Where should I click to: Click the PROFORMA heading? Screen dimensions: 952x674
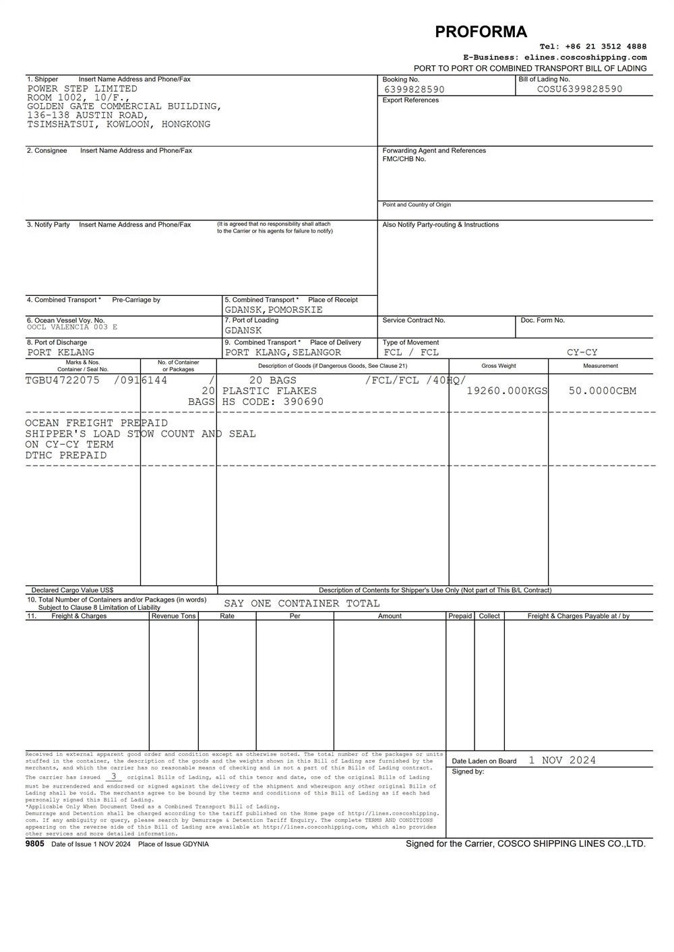(481, 32)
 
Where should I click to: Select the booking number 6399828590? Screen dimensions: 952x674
(414, 90)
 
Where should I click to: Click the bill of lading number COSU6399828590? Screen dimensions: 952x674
(580, 89)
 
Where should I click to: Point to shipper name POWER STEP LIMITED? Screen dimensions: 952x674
(82, 89)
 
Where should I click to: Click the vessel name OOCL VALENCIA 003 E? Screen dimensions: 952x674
(72, 327)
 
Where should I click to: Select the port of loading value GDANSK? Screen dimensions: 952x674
(243, 331)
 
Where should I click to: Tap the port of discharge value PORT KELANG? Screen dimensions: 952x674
(61, 352)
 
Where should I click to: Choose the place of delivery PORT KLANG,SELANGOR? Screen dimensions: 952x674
(283, 352)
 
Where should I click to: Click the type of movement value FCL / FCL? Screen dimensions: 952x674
(411, 352)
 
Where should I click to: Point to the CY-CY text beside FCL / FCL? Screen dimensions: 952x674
(582, 352)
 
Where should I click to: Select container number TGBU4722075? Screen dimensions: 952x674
(62, 380)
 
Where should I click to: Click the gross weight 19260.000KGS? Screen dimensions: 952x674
(507, 391)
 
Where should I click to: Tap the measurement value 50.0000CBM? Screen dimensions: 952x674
(602, 391)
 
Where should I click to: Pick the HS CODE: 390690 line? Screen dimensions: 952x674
(273, 402)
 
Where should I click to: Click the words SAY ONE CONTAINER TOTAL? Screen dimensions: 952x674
(302, 604)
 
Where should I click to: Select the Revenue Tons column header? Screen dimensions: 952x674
(173, 616)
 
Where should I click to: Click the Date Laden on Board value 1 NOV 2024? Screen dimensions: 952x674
(562, 760)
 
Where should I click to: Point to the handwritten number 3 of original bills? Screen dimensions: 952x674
(114, 776)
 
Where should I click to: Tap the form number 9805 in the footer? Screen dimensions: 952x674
(35, 844)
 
